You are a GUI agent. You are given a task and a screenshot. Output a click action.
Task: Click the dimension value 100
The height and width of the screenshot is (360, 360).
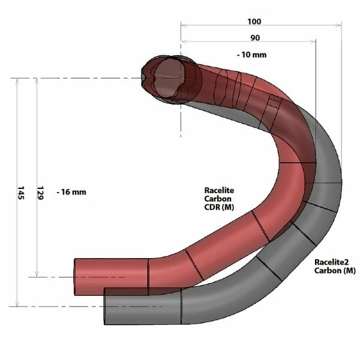click(254, 22)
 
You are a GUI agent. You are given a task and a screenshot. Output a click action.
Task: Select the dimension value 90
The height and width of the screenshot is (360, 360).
click(254, 38)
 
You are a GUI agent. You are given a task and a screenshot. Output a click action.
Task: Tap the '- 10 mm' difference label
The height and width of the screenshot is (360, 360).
click(251, 55)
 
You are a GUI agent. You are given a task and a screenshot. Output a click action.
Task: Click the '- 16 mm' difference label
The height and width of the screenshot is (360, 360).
click(71, 192)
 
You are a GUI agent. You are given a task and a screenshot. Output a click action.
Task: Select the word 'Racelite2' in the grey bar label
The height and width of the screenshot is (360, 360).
click(331, 262)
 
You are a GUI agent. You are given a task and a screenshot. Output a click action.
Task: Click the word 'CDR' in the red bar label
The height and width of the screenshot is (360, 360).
click(211, 207)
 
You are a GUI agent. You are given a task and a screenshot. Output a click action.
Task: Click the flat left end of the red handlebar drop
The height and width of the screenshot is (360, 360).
click(76, 277)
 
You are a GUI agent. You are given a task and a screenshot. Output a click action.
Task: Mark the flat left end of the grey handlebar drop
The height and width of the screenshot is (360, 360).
click(106, 305)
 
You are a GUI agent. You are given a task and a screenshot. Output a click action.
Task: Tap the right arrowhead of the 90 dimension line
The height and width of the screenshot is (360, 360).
click(313, 42)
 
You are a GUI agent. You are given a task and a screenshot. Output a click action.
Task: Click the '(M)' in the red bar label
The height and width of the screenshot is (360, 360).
click(227, 207)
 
